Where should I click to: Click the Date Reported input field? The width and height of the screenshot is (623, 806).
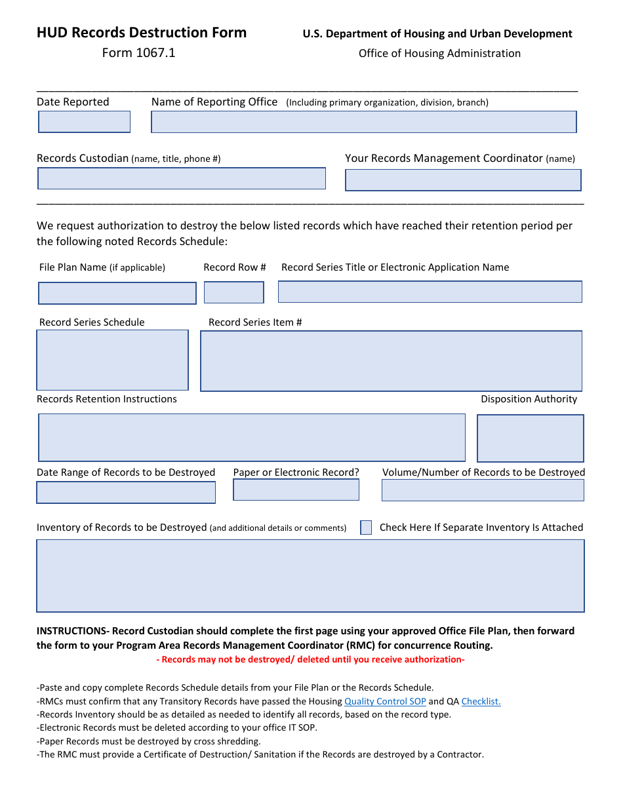tap(84, 122)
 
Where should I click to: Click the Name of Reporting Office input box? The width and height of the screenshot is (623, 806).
tap(363, 122)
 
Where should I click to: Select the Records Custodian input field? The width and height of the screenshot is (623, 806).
tap(181, 178)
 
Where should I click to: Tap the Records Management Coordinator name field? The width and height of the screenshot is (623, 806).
tap(463, 180)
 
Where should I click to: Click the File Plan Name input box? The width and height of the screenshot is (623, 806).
tap(117, 293)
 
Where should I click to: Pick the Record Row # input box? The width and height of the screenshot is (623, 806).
tap(233, 292)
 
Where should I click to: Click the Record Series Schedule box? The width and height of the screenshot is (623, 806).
tap(112, 360)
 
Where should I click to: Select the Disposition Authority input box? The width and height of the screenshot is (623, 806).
tap(530, 438)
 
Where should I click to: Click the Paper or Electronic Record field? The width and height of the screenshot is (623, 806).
tap(296, 489)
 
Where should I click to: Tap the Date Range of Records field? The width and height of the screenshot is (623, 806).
tap(125, 492)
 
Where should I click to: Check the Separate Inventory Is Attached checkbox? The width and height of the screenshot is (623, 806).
tap(366, 528)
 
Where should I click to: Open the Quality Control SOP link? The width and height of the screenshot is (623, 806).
tap(385, 701)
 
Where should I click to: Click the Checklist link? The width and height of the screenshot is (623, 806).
tap(481, 701)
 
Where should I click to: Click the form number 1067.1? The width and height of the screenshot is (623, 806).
tap(138, 53)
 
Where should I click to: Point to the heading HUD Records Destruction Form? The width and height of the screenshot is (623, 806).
tap(142, 33)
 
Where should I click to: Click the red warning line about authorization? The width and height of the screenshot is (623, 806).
tap(310, 659)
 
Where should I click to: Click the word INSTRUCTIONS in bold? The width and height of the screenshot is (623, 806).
tap(71, 631)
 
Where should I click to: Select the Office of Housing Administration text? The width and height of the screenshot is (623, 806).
tap(439, 53)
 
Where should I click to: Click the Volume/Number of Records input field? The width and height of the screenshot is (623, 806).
tap(482, 490)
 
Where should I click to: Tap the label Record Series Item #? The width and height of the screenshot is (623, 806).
tap(255, 322)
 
